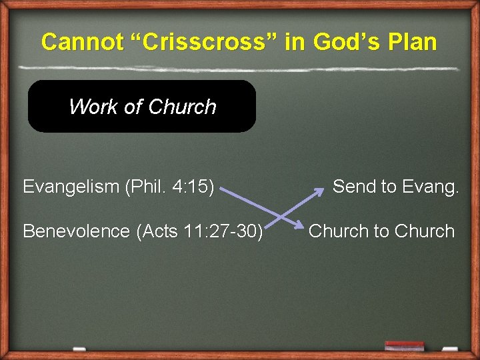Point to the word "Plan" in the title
click(411, 42)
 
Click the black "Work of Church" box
click(141, 107)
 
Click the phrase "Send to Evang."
click(396, 187)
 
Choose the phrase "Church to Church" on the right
click(381, 231)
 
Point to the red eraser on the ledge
click(404, 346)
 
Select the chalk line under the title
click(239, 68)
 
